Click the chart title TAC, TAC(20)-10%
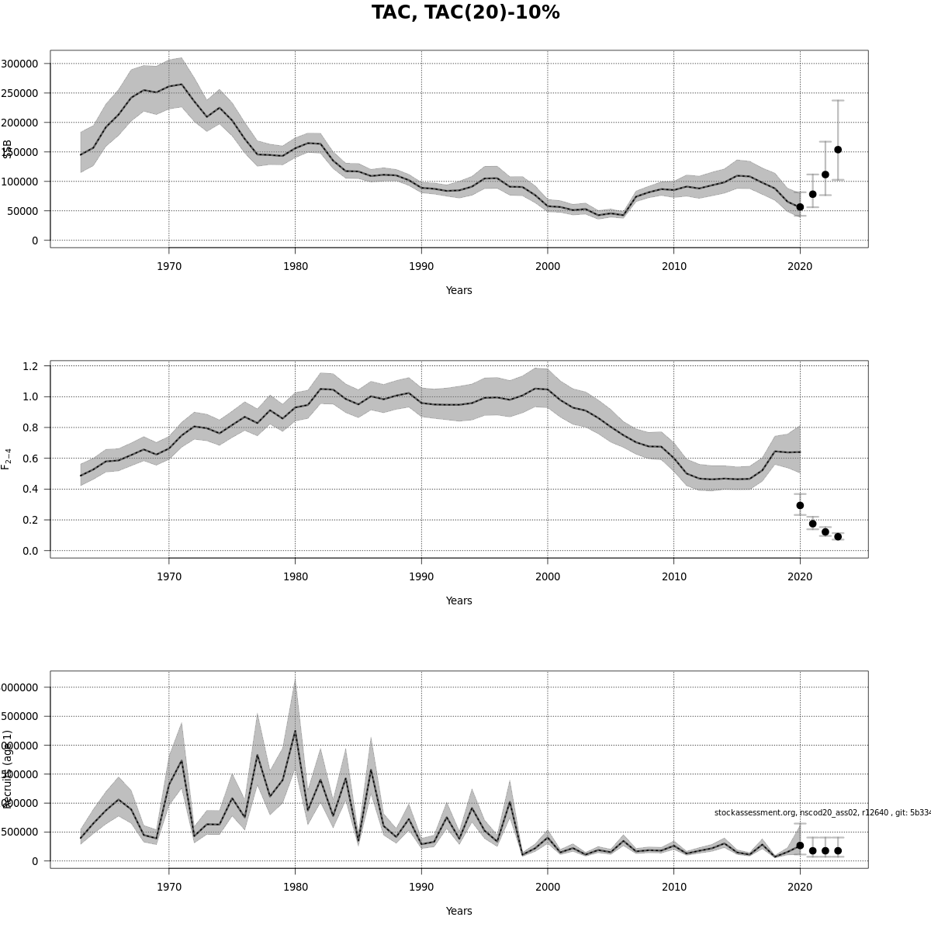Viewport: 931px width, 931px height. coord(465,13)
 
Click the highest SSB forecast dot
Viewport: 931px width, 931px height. coord(838,150)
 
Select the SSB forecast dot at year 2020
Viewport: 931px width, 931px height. coord(800,207)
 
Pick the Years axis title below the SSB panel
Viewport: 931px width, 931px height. coord(459,291)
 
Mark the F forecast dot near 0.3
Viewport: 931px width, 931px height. coord(800,505)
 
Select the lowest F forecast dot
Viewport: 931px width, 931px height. coord(838,537)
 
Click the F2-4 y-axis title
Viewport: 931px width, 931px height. coord(6,459)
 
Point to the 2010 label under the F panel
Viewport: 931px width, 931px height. coord(673,576)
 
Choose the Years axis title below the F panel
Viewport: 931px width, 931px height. coord(459,600)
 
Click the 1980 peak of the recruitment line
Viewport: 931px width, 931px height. coord(295,731)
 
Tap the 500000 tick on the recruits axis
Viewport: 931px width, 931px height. coord(22,832)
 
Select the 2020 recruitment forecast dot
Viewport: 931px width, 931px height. coord(800,846)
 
